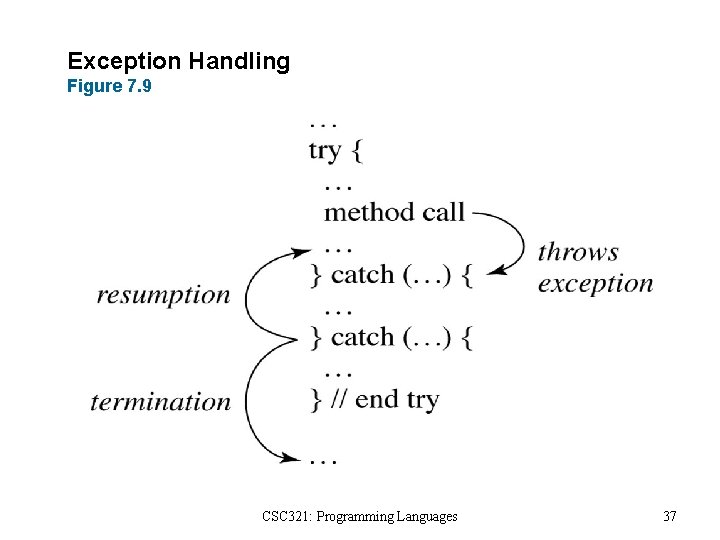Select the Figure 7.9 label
109,87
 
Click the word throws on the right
578,252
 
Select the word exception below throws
595,284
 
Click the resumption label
163,295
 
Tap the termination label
160,402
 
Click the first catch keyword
362,275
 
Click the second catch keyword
362,337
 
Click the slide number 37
670,517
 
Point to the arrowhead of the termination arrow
294,458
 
